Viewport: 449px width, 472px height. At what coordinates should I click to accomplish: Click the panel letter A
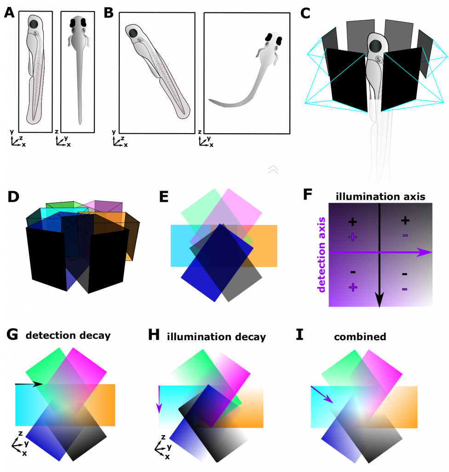pyautogui.click(x=9, y=13)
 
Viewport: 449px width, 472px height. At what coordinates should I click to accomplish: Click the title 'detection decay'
pyautogui.click(x=68, y=335)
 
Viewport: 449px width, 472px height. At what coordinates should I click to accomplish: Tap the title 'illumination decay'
pyautogui.click(x=216, y=336)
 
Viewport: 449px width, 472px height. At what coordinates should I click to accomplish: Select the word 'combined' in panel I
pyautogui.click(x=360, y=336)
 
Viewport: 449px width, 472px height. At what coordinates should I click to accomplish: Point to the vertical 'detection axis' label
pyautogui.click(x=322, y=255)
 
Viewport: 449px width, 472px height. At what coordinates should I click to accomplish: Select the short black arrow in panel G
pyautogui.click(x=29, y=383)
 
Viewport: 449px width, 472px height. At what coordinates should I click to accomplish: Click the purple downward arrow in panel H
pyautogui.click(x=160, y=399)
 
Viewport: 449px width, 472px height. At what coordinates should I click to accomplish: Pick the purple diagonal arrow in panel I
pyautogui.click(x=322, y=395)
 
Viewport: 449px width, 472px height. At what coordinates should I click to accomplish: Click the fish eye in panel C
pyautogui.click(x=375, y=46)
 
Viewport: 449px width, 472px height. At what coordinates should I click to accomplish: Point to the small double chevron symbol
pyautogui.click(x=273, y=170)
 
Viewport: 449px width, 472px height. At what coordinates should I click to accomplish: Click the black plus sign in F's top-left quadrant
pyautogui.click(x=352, y=222)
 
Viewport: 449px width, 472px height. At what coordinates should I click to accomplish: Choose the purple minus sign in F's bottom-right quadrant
pyautogui.click(x=405, y=289)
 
